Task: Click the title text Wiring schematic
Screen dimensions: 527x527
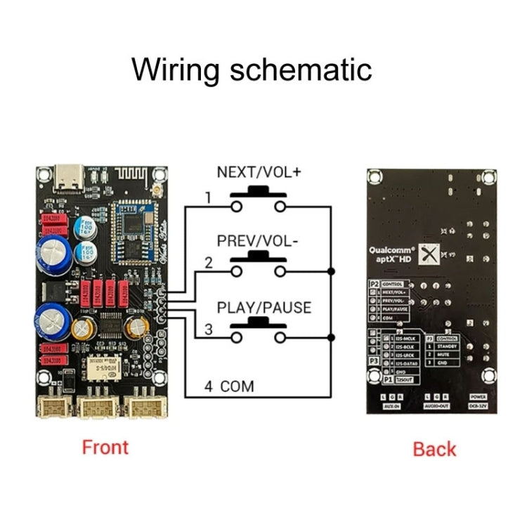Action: point(252,70)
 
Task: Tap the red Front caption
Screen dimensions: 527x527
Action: point(105,447)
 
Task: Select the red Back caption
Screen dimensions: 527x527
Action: point(434,449)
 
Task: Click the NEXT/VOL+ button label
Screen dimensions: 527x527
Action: point(259,171)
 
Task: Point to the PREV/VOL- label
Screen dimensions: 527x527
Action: point(258,240)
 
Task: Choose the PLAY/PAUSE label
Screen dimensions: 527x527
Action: point(263,308)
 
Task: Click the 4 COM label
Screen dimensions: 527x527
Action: point(228,385)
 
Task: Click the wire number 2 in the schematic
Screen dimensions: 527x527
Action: point(208,263)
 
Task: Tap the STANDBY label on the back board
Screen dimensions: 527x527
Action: point(447,346)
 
